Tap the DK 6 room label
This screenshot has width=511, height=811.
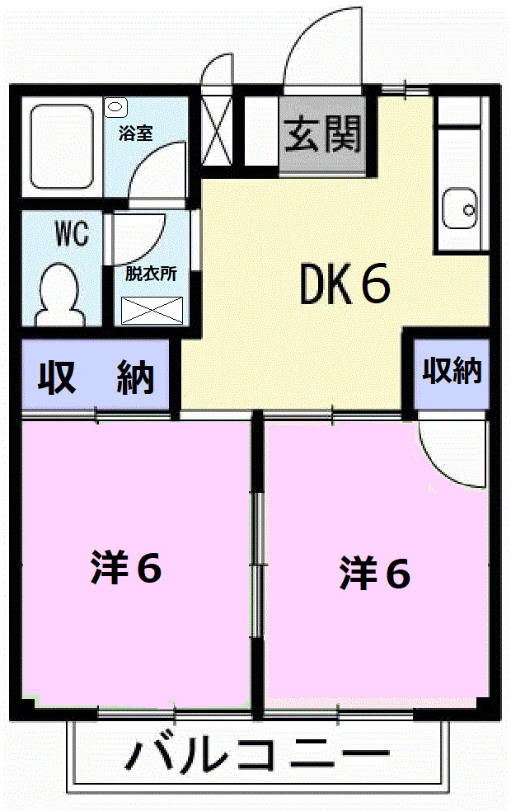coord(345,284)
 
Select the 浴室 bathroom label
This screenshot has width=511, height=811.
coord(135,134)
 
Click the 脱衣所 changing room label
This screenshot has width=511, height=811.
coord(151,274)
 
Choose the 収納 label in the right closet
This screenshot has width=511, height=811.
coord(452,372)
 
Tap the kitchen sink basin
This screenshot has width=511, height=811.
coord(459,209)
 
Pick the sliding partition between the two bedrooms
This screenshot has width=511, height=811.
coord(257,565)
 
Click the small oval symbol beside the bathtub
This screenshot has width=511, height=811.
coord(115,105)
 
